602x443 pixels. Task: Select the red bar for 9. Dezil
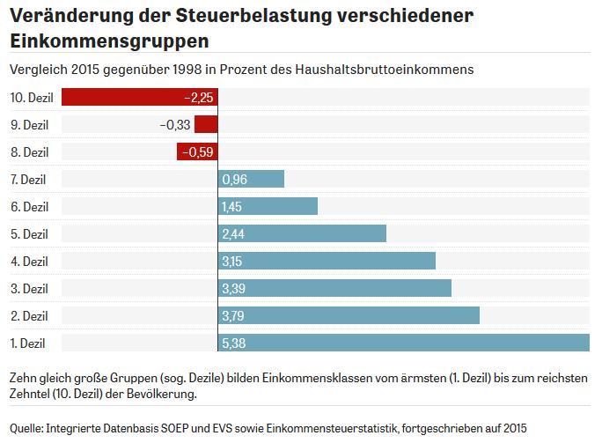click(206, 125)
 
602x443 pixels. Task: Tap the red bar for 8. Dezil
click(197, 152)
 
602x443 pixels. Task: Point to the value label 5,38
click(233, 343)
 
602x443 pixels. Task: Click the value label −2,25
click(199, 98)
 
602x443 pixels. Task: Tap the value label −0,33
click(175, 125)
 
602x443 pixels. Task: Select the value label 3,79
click(233, 315)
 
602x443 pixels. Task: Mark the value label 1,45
click(233, 207)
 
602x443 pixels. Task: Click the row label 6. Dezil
click(27, 207)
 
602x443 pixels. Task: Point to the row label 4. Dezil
click(27, 261)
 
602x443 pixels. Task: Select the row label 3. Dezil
click(27, 288)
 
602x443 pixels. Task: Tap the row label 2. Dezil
click(27, 315)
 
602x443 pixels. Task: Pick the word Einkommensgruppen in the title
click(109, 41)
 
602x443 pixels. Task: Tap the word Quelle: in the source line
click(27, 428)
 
